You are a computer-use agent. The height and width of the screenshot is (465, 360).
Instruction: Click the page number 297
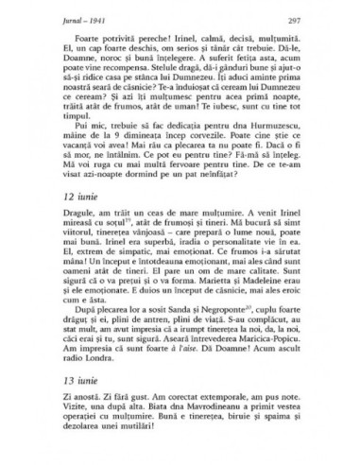(322, 21)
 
